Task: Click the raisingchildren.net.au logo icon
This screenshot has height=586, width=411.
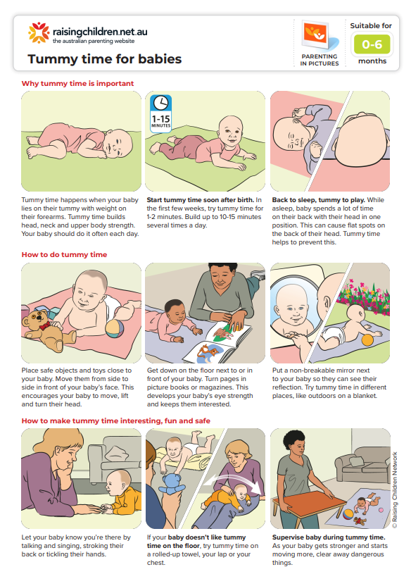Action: click(37, 33)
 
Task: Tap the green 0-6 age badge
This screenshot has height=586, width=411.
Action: click(372, 45)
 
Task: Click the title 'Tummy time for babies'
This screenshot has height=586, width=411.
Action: click(104, 59)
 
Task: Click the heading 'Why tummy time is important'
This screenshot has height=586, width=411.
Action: click(77, 83)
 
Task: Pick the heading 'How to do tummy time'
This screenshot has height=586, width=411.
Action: click(64, 254)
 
